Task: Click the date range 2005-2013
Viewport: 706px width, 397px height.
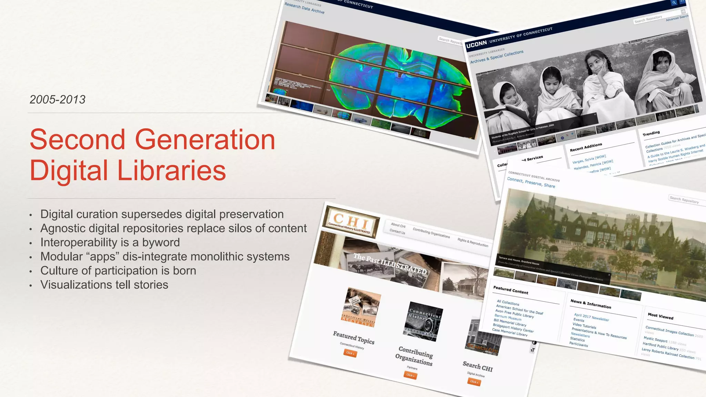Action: tap(58, 100)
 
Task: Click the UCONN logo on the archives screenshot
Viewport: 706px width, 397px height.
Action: tap(476, 44)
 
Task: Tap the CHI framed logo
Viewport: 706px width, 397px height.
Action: tap(351, 222)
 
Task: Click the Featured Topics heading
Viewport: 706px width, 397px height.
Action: tap(353, 337)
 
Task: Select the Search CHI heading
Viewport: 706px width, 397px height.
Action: tap(477, 366)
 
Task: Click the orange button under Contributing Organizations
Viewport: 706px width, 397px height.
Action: tap(410, 375)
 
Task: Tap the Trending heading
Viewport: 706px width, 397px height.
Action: tap(651, 133)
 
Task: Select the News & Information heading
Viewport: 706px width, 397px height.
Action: tap(591, 304)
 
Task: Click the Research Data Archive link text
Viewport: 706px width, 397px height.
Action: tap(304, 8)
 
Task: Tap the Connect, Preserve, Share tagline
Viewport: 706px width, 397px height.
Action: tap(531, 183)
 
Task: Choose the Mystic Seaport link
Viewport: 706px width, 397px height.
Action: tap(655, 340)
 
